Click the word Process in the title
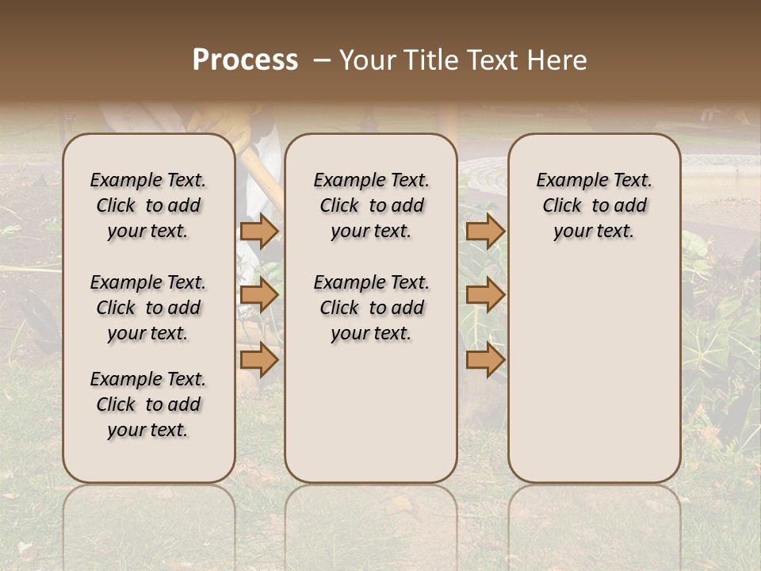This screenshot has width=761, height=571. coord(245,60)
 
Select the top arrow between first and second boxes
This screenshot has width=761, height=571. coord(259,231)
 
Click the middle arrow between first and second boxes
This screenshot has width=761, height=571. coord(259,296)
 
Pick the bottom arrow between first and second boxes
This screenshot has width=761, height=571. coord(259,360)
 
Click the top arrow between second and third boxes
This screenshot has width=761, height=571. coord(485,231)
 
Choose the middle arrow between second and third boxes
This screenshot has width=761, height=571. coord(485,296)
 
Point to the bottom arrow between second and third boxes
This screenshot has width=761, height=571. coord(485,360)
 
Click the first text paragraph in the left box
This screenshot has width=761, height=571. coord(148,205)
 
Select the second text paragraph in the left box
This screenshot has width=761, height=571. coord(148,308)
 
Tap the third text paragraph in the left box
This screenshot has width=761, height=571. coord(148,404)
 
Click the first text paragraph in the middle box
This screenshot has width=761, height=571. coord(371,205)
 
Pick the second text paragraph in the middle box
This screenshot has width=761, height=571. coord(371,308)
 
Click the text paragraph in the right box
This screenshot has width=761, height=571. coord(595,205)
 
